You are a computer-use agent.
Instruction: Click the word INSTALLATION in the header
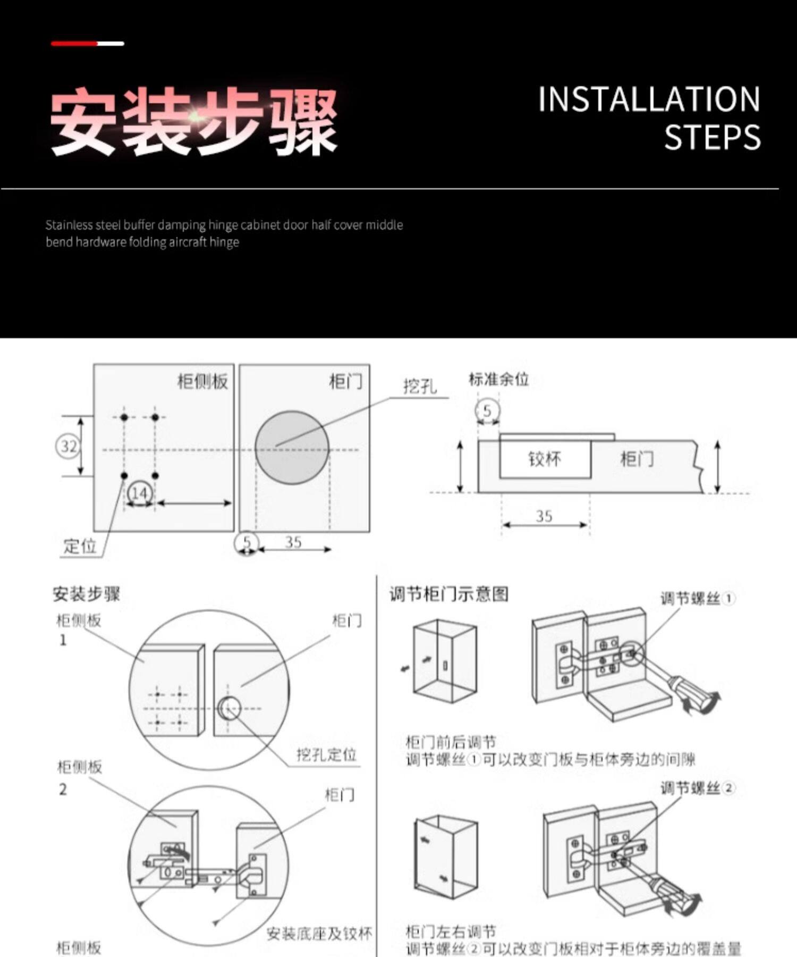coord(649,99)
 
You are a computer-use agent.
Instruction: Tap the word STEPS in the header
coord(712,137)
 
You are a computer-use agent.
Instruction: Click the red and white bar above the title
coord(88,44)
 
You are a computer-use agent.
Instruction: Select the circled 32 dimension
coord(68,446)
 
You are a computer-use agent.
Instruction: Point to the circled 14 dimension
coord(139,493)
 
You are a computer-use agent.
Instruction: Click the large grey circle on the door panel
coord(292,447)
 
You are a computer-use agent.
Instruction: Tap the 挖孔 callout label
coord(420,386)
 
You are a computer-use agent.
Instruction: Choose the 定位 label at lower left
coord(80,546)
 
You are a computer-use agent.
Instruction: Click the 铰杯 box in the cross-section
coord(545,459)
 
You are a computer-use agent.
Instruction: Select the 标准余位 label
coord(498,379)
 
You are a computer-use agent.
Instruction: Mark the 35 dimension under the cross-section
coord(544,516)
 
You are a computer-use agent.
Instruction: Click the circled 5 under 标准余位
coord(487,411)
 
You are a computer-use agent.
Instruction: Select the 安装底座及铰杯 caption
coord(319,934)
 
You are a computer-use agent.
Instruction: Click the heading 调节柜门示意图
coord(449,594)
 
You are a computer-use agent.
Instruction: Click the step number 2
coord(63,790)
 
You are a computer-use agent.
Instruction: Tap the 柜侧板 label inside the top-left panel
coord(202,381)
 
